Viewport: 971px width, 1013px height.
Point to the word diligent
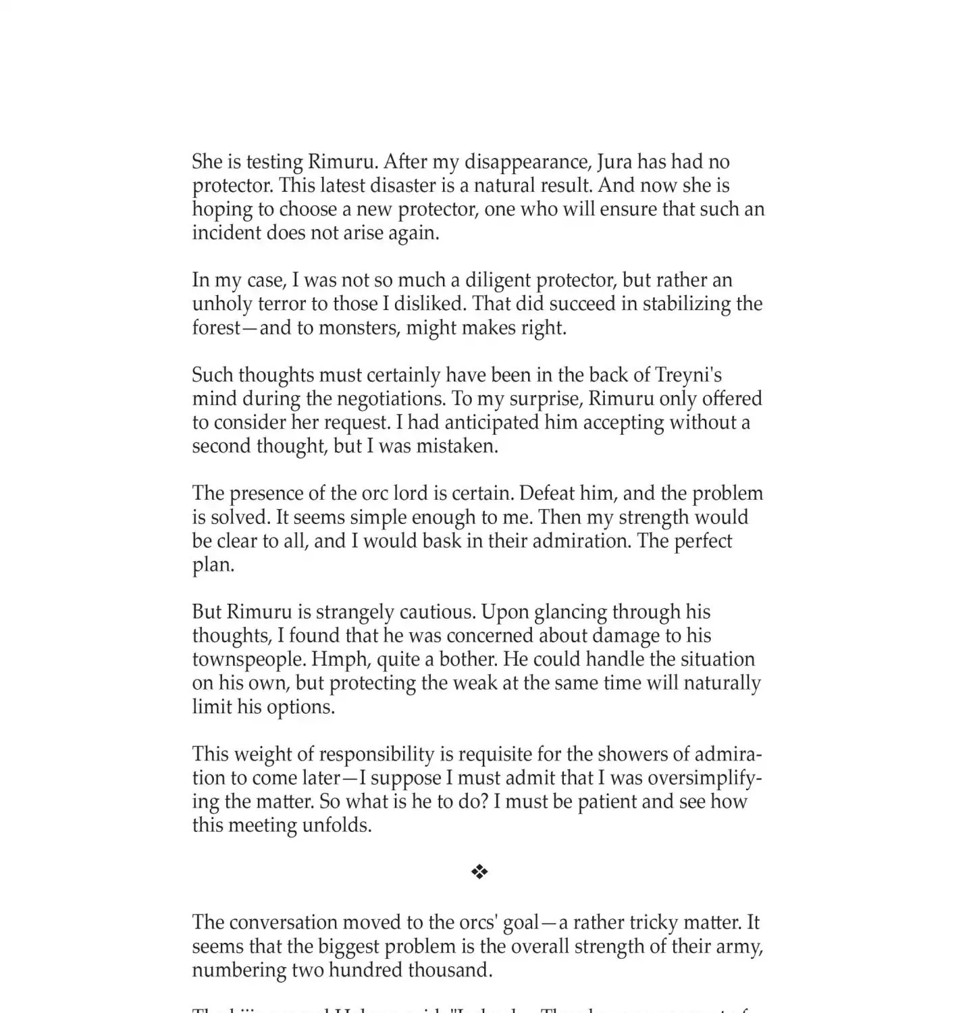click(x=497, y=280)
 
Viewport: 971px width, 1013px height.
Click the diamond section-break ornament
click(x=479, y=872)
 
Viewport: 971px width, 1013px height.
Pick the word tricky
click(x=653, y=923)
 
